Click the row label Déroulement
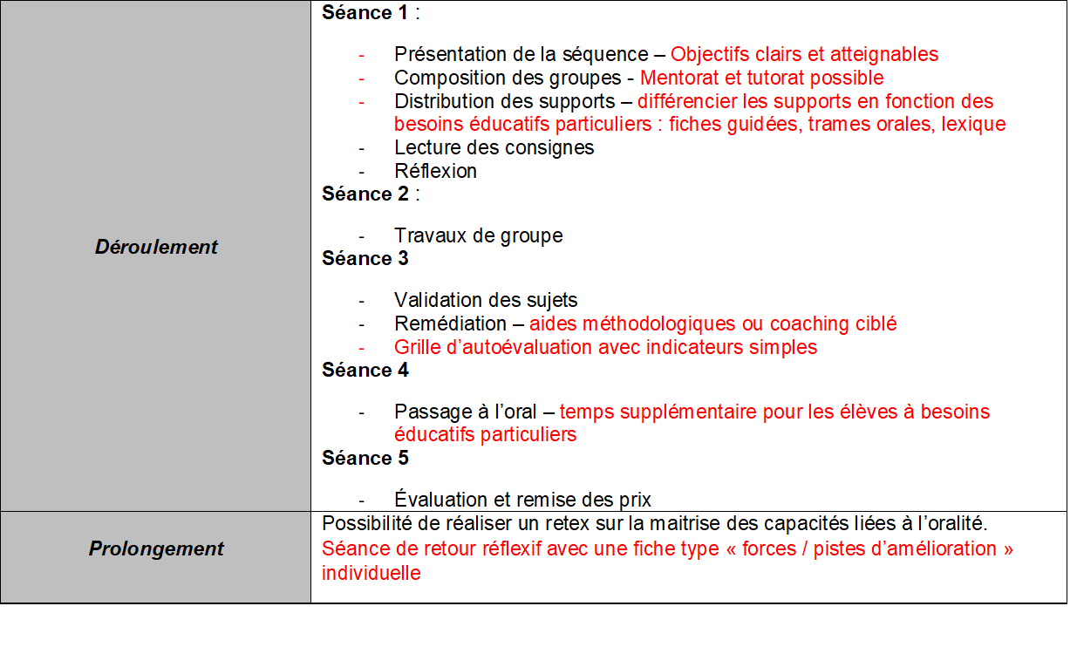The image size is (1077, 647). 156,247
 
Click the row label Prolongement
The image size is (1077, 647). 156,548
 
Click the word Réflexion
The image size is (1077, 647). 435,171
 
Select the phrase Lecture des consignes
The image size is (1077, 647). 494,147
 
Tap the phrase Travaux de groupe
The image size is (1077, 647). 478,235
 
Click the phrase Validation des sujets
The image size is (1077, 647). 485,301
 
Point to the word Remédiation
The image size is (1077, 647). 449,323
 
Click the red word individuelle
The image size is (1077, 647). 371,573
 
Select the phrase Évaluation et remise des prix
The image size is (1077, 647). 522,500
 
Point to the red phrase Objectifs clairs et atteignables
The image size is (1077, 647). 804,54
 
